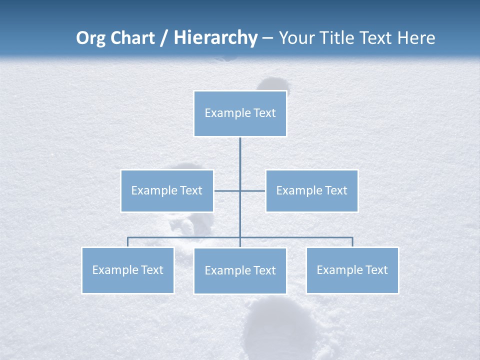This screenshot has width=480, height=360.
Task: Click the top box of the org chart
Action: coord(240,113)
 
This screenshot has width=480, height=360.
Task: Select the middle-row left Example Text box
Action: coord(167,190)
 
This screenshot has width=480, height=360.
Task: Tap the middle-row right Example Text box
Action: coord(311,190)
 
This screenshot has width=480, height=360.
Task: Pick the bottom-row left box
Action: coord(128,270)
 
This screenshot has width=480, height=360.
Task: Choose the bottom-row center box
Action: coord(240,270)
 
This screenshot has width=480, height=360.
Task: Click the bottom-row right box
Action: coord(352,270)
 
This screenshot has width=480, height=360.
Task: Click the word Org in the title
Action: coord(91,38)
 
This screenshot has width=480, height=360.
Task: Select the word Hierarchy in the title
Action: coord(215,38)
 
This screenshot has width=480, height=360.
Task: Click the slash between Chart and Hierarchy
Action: coord(164,38)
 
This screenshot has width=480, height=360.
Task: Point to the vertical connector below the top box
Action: coord(240,160)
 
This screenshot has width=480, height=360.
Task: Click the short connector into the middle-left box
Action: coord(226,190)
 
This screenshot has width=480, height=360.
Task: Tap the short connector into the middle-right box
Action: coord(253,190)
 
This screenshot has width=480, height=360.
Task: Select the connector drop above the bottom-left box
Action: coord(128,242)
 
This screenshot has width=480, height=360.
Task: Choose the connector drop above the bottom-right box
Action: coord(352,242)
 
